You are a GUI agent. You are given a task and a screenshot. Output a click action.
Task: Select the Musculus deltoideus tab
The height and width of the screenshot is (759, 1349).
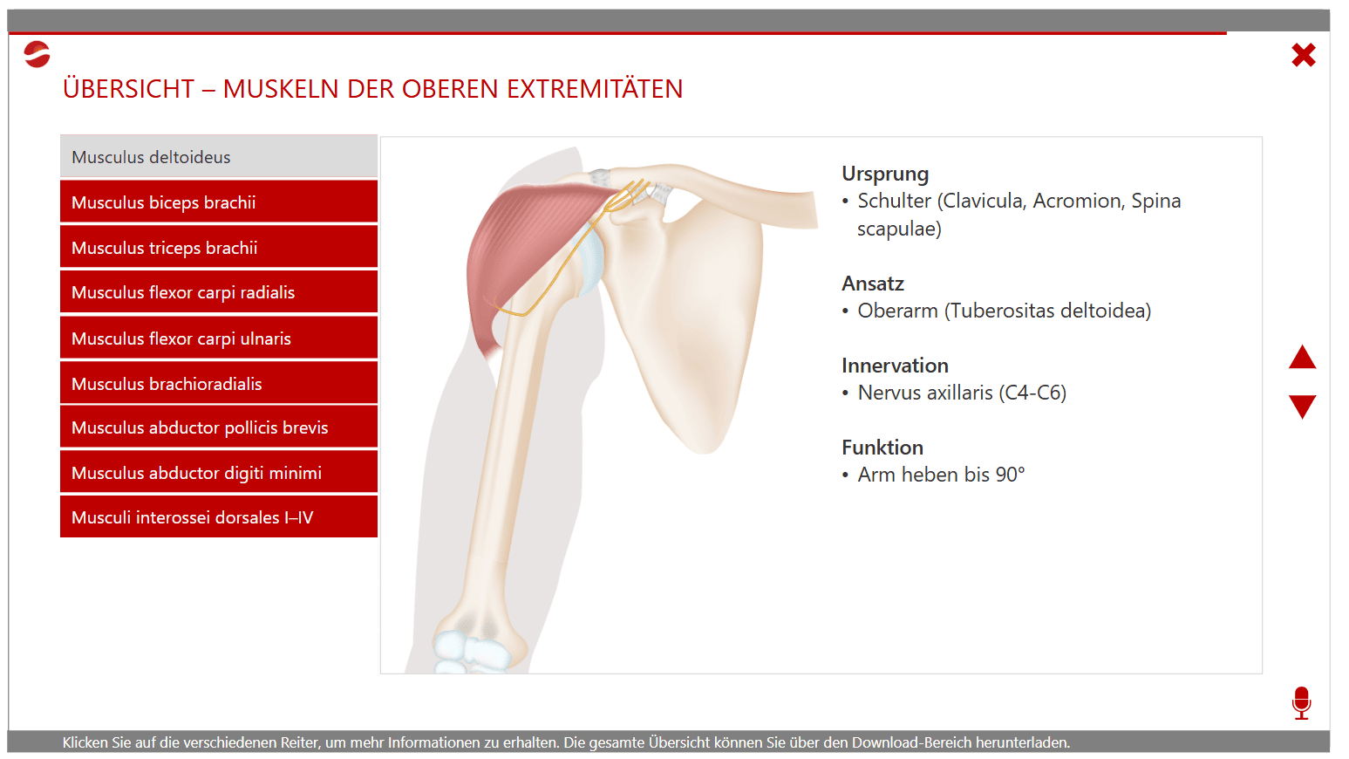[219, 157]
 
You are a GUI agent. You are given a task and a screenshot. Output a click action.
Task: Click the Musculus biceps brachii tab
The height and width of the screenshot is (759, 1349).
[219, 202]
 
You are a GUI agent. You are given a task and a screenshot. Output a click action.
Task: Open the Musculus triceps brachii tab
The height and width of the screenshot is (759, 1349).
[219, 247]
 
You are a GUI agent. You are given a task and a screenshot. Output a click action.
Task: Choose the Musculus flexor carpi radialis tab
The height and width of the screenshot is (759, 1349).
[219, 292]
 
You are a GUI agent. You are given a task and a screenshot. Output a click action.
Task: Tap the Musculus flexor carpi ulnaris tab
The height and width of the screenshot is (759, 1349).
[219, 338]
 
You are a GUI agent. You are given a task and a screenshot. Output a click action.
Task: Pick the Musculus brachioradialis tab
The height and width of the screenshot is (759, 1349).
[219, 383]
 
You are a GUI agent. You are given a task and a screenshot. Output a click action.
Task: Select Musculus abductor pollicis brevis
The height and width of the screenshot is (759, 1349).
[219, 427]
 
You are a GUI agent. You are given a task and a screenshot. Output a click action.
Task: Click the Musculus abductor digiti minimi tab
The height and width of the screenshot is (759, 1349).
[219, 472]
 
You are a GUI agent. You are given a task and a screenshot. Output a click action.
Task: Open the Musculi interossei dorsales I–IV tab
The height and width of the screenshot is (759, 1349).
[219, 516]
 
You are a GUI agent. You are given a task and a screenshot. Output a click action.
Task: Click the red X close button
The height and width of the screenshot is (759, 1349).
[1304, 55]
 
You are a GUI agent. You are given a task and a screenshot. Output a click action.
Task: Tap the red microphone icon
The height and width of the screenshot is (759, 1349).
[1301, 702]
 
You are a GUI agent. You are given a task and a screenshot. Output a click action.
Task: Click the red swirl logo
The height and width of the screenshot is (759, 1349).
[37, 54]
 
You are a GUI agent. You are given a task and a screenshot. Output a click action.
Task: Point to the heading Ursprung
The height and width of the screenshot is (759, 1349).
[885, 174]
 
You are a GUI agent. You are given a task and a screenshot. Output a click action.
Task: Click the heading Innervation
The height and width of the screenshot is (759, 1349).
[895, 365]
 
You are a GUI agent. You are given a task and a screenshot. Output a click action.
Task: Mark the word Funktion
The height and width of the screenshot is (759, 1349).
[882, 447]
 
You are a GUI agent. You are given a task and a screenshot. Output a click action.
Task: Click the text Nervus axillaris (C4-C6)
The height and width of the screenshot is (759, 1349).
[962, 393]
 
